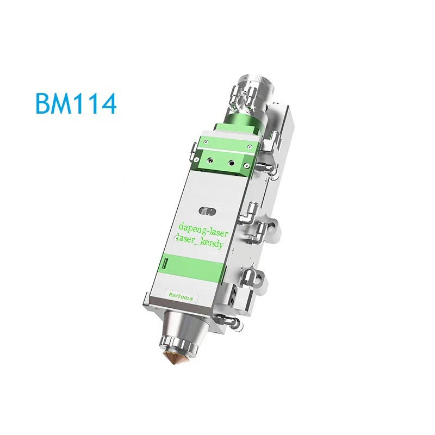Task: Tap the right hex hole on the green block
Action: click(x=232, y=162)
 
